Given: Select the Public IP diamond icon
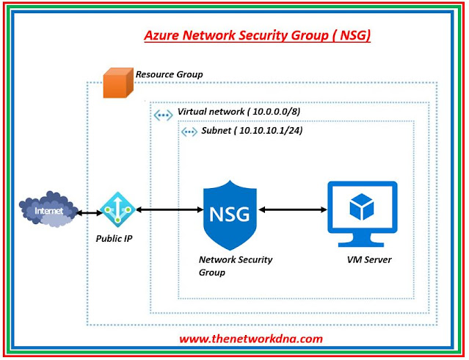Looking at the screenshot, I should (x=117, y=210).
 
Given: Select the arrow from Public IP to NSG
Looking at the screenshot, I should (x=168, y=211).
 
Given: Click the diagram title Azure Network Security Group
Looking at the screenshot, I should (x=257, y=35).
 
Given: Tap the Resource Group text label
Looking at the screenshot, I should (x=169, y=75).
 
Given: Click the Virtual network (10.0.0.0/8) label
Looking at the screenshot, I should (x=239, y=112).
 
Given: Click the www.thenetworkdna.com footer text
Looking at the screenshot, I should (x=251, y=339).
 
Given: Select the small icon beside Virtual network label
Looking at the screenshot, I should (x=164, y=114).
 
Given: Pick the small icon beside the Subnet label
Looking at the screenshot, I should (x=189, y=132).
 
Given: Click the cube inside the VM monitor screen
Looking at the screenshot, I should (x=362, y=206).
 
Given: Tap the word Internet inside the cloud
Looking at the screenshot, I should (x=46, y=211).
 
